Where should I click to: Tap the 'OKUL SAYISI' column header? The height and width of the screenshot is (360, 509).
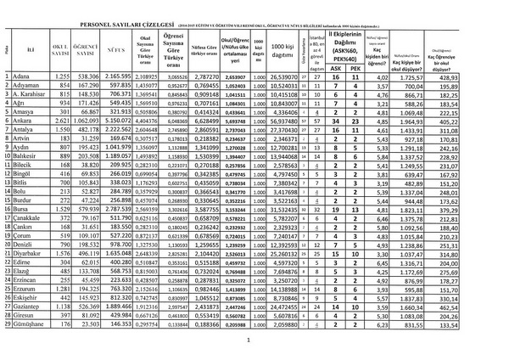(59, 51)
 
